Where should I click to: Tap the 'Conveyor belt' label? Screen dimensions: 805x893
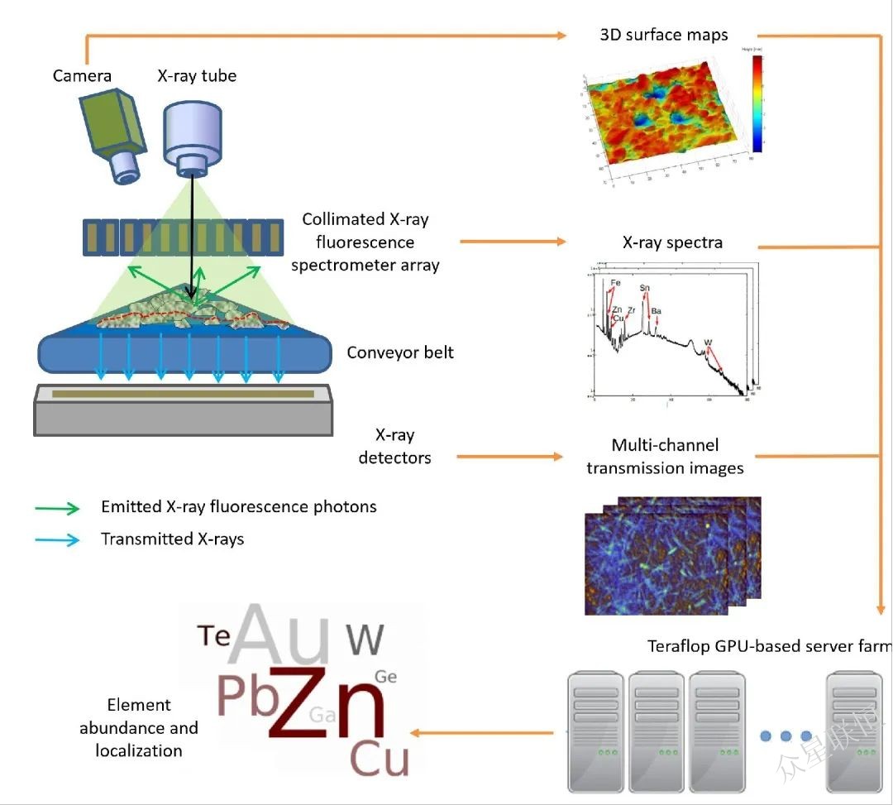(400, 352)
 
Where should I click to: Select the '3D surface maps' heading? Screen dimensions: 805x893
(664, 35)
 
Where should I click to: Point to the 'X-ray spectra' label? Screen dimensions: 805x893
(672, 243)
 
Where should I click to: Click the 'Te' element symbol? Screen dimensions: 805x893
(213, 635)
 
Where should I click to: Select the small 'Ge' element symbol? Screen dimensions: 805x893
(386, 677)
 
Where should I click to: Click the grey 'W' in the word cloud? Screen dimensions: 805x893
(365, 640)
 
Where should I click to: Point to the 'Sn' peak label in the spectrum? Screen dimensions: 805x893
(645, 288)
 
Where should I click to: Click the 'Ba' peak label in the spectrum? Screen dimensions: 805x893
(656, 311)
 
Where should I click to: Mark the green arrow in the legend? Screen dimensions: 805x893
(58, 508)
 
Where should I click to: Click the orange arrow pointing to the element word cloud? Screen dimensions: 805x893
(484, 732)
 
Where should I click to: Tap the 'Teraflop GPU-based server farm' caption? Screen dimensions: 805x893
(769, 645)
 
